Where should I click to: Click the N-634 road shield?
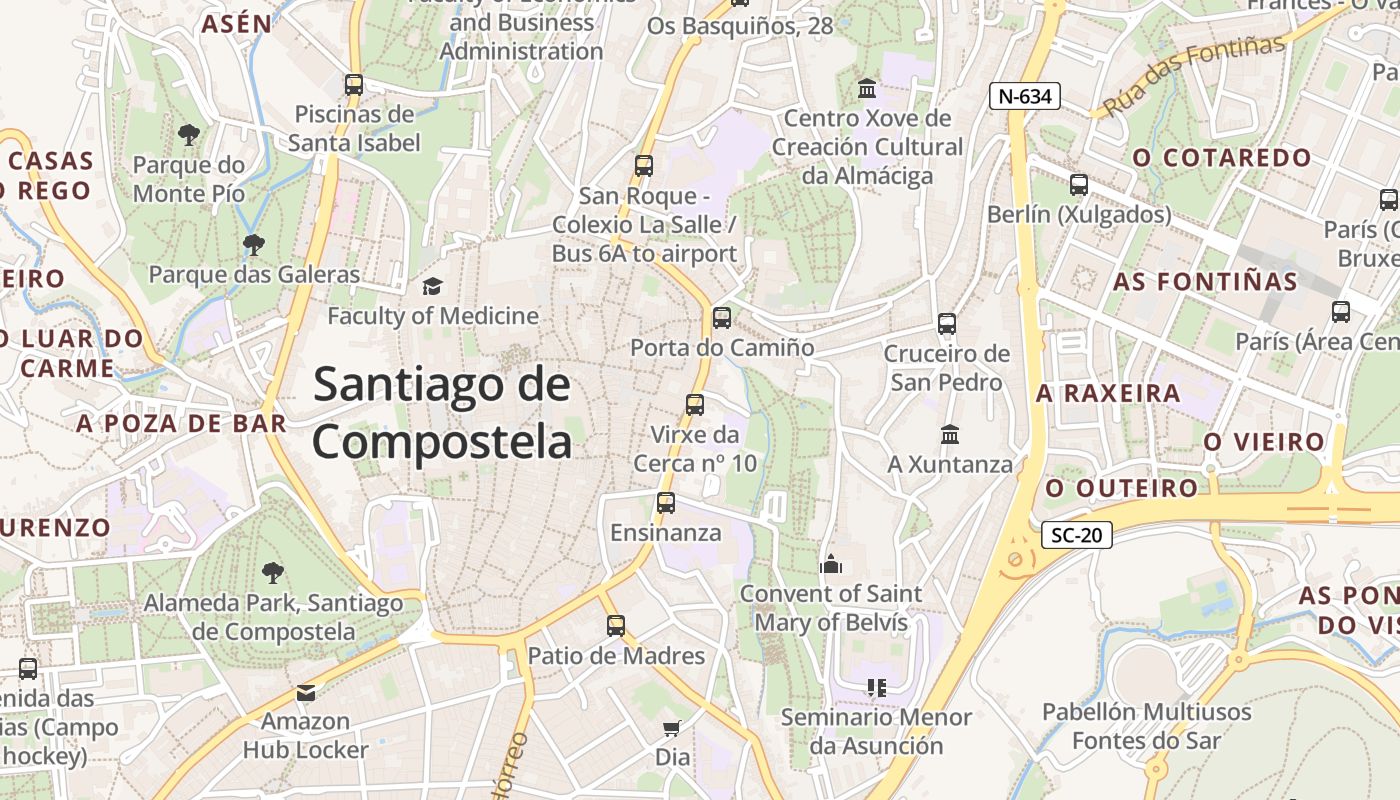pyautogui.click(x=1025, y=96)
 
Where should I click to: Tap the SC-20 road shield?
pyautogui.click(x=1077, y=535)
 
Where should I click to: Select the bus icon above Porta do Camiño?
pyautogui.click(x=721, y=318)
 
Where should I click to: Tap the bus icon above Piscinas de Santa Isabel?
pyautogui.click(x=354, y=85)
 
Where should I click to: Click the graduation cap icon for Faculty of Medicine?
pyautogui.click(x=432, y=287)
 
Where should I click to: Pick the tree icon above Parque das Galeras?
pyautogui.click(x=254, y=244)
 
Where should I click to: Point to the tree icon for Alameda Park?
pyautogui.click(x=272, y=573)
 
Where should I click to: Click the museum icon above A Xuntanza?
pyautogui.click(x=950, y=435)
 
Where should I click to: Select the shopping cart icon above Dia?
pyautogui.click(x=672, y=728)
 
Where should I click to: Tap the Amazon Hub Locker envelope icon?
pyautogui.click(x=305, y=692)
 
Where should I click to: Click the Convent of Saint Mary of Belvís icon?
pyautogui.click(x=830, y=565)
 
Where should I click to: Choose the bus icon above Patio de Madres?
pyautogui.click(x=616, y=626)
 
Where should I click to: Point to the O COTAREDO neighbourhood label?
pyautogui.click(x=1222, y=158)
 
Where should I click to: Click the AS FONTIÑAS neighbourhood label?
pyautogui.click(x=1205, y=282)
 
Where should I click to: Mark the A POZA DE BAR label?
pyautogui.click(x=181, y=424)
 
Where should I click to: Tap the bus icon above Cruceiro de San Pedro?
pyautogui.click(x=946, y=324)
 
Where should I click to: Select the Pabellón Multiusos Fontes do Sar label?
pyautogui.click(x=1146, y=726)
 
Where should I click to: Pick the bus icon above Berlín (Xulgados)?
pyautogui.click(x=1078, y=185)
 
